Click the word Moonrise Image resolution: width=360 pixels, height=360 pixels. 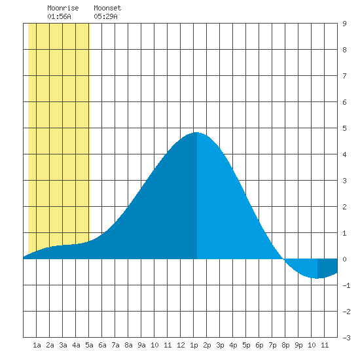click(x=63, y=8)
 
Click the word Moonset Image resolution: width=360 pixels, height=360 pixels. click(x=107, y=8)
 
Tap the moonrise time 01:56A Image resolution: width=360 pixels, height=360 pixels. click(x=59, y=16)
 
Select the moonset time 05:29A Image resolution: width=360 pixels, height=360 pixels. click(x=105, y=16)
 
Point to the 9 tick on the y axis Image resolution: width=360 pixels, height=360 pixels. click(x=344, y=24)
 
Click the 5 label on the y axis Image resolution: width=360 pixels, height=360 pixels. click(x=344, y=128)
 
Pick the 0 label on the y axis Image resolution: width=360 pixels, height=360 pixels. click(x=344, y=259)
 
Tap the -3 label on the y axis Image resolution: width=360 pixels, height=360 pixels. click(x=346, y=338)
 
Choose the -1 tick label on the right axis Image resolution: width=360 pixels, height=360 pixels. click(x=346, y=285)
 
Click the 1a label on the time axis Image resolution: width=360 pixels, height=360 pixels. click(x=37, y=345)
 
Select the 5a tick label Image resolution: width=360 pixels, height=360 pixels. click(x=89, y=345)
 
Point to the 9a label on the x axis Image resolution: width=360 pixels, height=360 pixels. click(x=141, y=345)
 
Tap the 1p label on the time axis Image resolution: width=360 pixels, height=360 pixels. click(x=194, y=345)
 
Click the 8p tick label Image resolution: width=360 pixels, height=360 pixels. click(x=285, y=345)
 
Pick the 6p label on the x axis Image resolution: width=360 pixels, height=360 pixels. click(x=259, y=345)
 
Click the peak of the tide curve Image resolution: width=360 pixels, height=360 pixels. click(x=196, y=132)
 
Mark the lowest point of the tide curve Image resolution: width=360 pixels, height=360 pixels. click(x=317, y=278)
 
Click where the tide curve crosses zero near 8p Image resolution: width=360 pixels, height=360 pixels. click(x=284, y=259)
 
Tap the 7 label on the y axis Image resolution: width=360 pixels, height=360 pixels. click(x=344, y=76)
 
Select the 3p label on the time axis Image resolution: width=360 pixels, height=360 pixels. click(x=220, y=345)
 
